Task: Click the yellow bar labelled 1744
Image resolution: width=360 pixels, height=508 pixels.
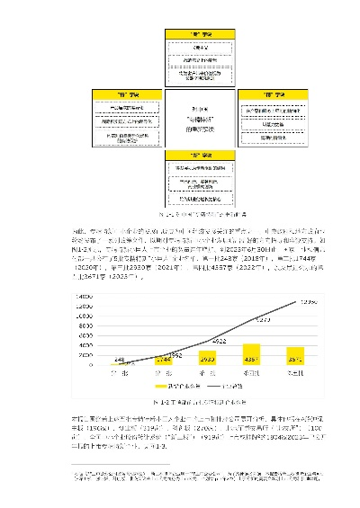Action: coord(164,359)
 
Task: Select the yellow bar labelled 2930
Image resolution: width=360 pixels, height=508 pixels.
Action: coord(206,357)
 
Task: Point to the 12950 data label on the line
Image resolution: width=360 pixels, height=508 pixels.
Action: coord(308,301)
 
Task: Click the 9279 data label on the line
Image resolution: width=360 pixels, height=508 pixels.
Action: coord(264,319)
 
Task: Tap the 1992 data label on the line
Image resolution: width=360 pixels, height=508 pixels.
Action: coord(175,356)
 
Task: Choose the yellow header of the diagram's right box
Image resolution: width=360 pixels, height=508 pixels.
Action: coord(262,94)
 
